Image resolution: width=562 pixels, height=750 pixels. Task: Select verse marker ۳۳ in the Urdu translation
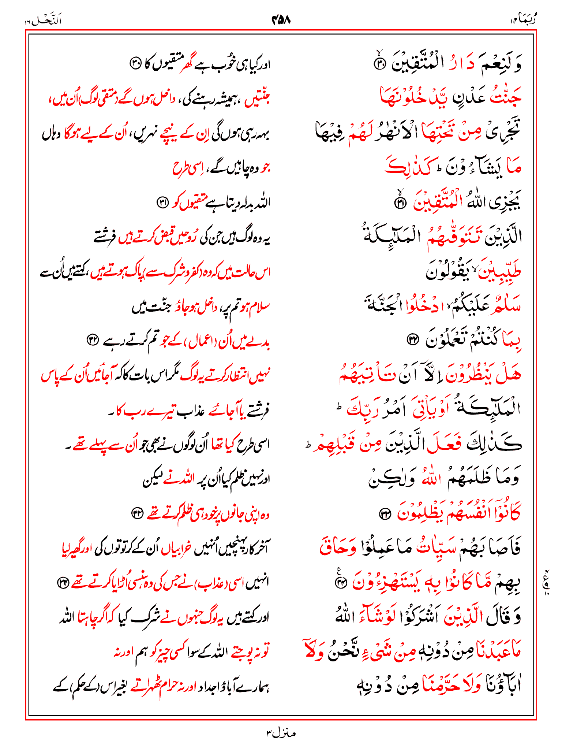coord(138,514)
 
